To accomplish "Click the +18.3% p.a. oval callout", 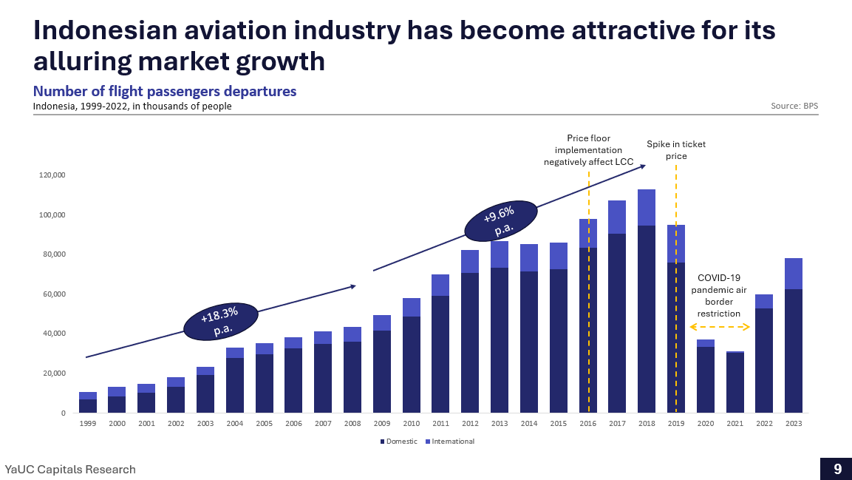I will point(220,322).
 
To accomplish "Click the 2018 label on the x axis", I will point(647,424).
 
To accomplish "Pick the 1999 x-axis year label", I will point(88,424).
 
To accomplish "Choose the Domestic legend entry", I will point(399,442).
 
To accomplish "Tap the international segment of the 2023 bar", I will point(794,274).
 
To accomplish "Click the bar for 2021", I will point(735,382).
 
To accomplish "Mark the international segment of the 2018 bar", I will point(647,208).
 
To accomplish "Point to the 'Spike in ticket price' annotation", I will point(676,150).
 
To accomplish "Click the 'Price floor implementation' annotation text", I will point(588,150).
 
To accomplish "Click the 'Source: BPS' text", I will point(794,107).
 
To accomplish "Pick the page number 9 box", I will point(836,469).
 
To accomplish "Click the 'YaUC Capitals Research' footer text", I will point(71,470).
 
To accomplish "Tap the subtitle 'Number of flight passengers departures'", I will point(165,92).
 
